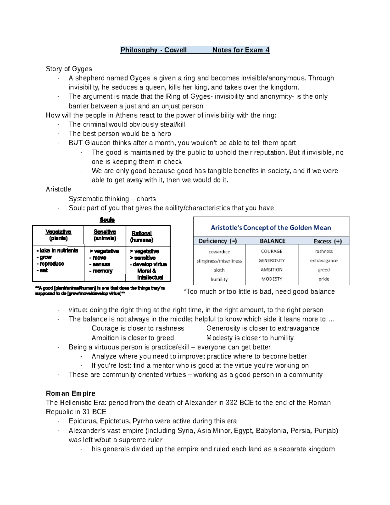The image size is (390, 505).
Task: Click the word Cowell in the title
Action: pyautogui.click(x=175, y=50)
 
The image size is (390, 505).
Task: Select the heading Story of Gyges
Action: pyautogui.click(x=69, y=69)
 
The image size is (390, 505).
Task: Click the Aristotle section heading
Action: pyautogui.click(x=58, y=189)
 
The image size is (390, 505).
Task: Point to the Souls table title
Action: pyautogui.click(x=107, y=220)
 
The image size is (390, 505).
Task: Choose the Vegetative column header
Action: pyautogui.click(x=58, y=232)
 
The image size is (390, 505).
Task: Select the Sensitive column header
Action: pyautogui.click(x=105, y=232)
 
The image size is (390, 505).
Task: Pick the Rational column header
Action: pyautogui.click(x=142, y=233)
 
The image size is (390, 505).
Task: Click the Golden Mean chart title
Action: pyautogui.click(x=271, y=228)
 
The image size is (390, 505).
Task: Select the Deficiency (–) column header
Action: pyautogui.click(x=217, y=241)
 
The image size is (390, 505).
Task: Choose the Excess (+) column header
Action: pyautogui.click(x=328, y=241)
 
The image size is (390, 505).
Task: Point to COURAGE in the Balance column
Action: pyautogui.click(x=271, y=251)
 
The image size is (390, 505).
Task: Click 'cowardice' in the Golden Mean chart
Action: pyautogui.click(x=219, y=252)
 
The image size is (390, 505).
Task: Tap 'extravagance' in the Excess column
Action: pyautogui.click(x=324, y=261)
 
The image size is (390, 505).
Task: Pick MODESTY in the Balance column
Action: pyautogui.click(x=271, y=279)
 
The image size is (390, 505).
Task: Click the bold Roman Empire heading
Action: pyautogui.click(x=71, y=393)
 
